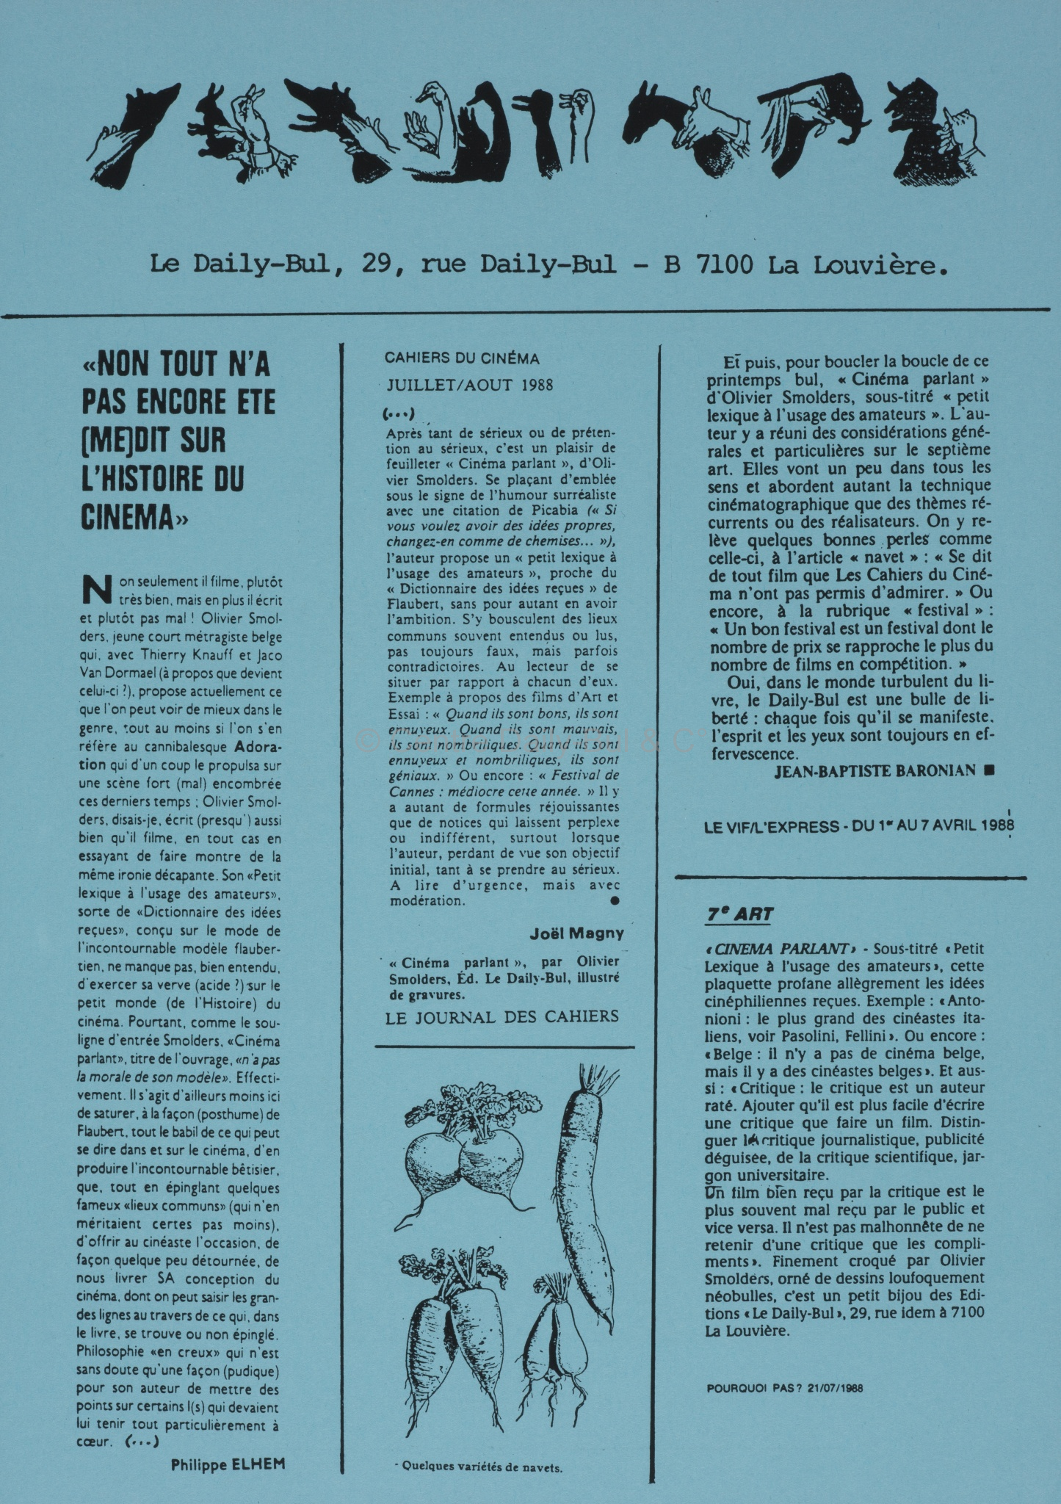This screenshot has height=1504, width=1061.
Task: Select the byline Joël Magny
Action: (x=576, y=933)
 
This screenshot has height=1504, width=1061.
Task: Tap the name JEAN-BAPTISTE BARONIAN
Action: (x=874, y=770)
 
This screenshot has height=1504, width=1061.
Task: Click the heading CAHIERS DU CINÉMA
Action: (x=462, y=358)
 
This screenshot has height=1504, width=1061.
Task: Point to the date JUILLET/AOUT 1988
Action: (x=470, y=385)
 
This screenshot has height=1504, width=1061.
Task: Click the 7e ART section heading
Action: (x=739, y=915)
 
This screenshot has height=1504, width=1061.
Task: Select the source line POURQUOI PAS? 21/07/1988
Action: (x=784, y=1388)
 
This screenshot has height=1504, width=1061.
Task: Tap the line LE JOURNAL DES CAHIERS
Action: (x=502, y=1016)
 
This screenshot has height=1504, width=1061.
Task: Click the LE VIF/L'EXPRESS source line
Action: (x=858, y=826)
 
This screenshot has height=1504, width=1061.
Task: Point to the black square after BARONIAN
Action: (x=989, y=770)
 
